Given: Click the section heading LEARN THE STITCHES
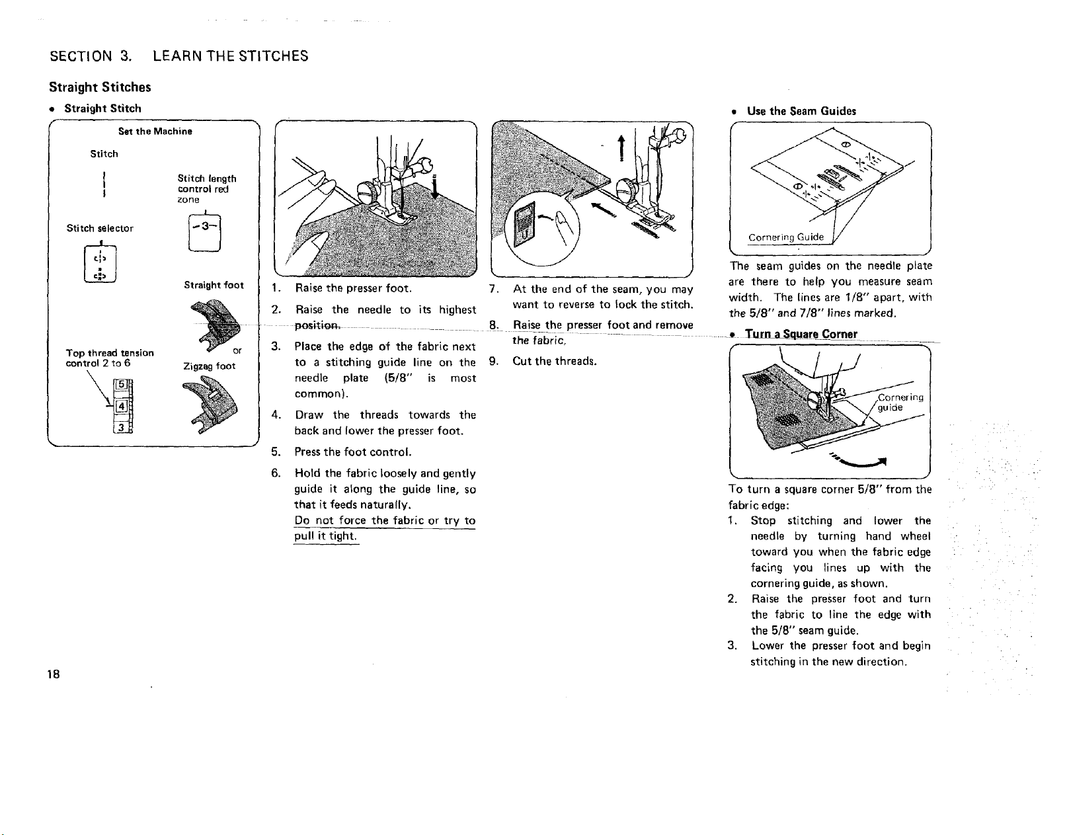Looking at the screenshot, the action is [x=231, y=56].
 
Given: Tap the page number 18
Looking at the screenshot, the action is [x=54, y=674].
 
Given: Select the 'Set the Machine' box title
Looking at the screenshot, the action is [x=155, y=132].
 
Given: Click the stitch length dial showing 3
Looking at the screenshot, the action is [x=205, y=233].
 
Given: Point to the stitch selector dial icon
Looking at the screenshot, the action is [x=100, y=264].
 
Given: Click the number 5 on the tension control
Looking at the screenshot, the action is [x=121, y=384].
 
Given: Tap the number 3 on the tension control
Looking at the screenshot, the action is [x=121, y=427].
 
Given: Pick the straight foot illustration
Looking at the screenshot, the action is [x=216, y=325].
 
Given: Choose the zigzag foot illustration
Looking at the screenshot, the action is [x=210, y=404].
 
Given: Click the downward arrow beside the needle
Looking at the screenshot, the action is [x=434, y=187].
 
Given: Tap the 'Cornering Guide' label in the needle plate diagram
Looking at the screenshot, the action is [x=785, y=237].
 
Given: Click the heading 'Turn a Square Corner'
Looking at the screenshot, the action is [x=801, y=335].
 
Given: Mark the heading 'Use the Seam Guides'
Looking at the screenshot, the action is [x=801, y=111].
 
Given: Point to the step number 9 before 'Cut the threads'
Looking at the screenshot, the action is [x=494, y=362].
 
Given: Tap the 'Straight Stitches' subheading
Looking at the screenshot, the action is [x=100, y=87].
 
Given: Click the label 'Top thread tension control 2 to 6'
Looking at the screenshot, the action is [x=110, y=358].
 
